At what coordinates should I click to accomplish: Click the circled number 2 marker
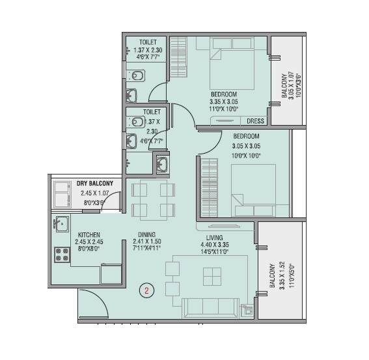[x=147, y=292]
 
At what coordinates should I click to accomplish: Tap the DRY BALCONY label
[x=95, y=184]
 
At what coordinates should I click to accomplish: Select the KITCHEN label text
[x=89, y=234]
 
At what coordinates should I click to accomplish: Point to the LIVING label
[x=214, y=238]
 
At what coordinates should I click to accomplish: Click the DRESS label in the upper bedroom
[x=254, y=120]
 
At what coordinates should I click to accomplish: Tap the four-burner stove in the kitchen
[x=62, y=255]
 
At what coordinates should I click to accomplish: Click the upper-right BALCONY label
[x=285, y=86]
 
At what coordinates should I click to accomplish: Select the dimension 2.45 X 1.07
[x=96, y=193]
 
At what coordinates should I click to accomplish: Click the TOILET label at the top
[x=146, y=42]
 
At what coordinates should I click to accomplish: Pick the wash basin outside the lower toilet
[x=162, y=163]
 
